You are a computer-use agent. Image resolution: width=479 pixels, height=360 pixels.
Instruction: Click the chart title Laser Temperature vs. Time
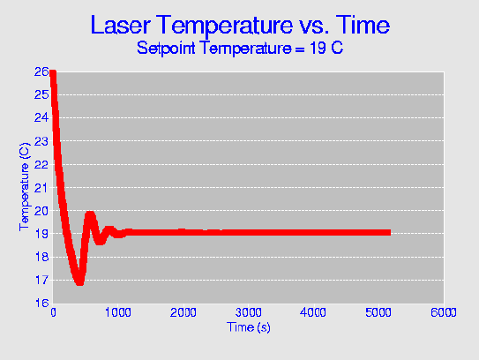[x=240, y=25]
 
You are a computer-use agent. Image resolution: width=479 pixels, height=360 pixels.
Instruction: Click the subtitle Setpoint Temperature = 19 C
[x=240, y=48]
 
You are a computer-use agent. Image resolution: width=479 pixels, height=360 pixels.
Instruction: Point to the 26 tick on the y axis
[x=41, y=71]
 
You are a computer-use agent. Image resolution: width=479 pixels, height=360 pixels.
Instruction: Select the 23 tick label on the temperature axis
[x=41, y=141]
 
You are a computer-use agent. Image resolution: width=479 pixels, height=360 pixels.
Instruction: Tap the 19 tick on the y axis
[x=41, y=234]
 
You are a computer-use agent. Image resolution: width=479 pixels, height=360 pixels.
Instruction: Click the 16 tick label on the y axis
[x=41, y=303]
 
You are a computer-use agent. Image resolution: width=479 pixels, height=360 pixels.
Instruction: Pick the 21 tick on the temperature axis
[x=41, y=188]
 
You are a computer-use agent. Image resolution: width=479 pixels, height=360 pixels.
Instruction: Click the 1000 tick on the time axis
[x=118, y=312]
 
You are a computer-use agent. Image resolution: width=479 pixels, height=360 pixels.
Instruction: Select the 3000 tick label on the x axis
[x=248, y=312]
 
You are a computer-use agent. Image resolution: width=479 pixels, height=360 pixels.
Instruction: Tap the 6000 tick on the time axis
[x=443, y=312]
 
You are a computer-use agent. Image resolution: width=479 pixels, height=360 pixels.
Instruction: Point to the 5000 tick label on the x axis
[x=378, y=312]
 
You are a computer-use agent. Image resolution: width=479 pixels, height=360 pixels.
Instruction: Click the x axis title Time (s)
[x=249, y=327]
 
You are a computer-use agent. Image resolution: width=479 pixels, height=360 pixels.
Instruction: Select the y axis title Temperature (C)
[x=25, y=187]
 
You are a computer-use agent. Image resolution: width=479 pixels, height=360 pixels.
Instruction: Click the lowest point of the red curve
[x=79, y=282]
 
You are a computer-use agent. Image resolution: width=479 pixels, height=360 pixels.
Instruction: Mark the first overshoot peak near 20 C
[x=90, y=214]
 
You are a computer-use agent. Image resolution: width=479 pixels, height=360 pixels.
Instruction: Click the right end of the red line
[x=390, y=233]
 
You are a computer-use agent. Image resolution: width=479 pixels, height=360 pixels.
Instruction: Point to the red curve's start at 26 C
[x=53, y=72]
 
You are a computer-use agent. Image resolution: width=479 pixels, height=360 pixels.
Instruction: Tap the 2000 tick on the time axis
[x=183, y=312]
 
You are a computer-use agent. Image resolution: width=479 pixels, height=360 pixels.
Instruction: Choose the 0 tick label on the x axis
[x=53, y=312]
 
